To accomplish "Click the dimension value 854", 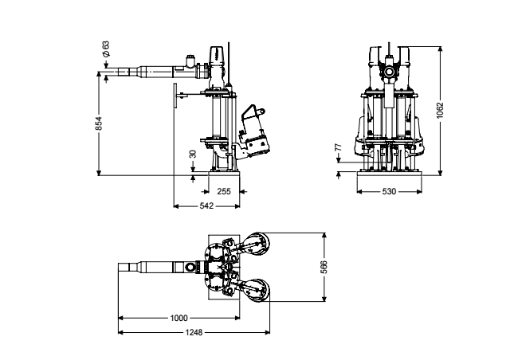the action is (x=99, y=123).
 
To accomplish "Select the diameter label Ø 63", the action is (x=106, y=49).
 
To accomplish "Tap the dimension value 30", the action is (x=193, y=154).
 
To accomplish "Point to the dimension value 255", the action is (x=224, y=191).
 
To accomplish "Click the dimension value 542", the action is (x=206, y=205).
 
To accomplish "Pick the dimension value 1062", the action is (x=440, y=111).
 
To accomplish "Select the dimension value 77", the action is (x=338, y=147).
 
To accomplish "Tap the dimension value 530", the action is (x=389, y=191).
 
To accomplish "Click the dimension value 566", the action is (x=324, y=267).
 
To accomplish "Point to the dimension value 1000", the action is (x=178, y=318).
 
